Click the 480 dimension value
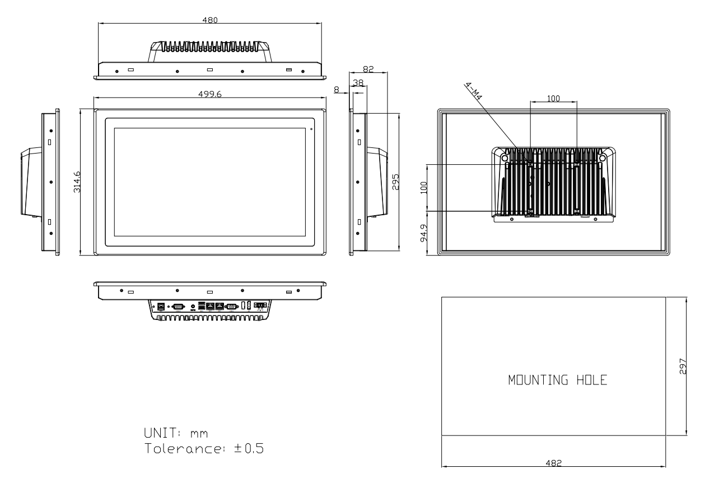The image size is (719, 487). click(x=210, y=20)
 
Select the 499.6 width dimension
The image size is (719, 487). click(x=210, y=94)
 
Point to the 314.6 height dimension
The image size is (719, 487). click(x=77, y=182)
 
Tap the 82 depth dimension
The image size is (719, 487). click(x=368, y=69)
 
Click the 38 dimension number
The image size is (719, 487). click(x=358, y=82)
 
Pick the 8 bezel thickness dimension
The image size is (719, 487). click(x=337, y=90)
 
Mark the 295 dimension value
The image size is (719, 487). click(x=396, y=182)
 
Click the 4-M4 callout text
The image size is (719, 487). click(x=473, y=91)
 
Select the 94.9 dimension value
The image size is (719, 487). click(x=424, y=233)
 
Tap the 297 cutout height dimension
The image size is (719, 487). click(x=683, y=366)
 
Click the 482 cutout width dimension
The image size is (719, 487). click(x=554, y=463)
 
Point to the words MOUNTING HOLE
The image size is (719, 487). click(x=558, y=380)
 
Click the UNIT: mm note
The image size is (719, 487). click(x=176, y=433)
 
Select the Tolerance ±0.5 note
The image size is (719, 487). click(x=204, y=448)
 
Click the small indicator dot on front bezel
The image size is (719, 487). click(x=311, y=129)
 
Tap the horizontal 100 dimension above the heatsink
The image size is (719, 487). click(x=553, y=98)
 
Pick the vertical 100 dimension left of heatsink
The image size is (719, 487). click(x=424, y=188)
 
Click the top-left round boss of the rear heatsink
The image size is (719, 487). click(x=505, y=158)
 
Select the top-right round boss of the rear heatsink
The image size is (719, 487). click(x=602, y=158)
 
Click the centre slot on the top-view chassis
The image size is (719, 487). click(x=210, y=69)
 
